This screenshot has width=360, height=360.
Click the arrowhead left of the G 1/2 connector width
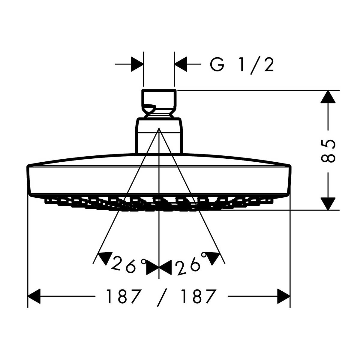coord(137,64)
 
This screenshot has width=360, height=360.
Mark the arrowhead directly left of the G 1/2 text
coord(181,64)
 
